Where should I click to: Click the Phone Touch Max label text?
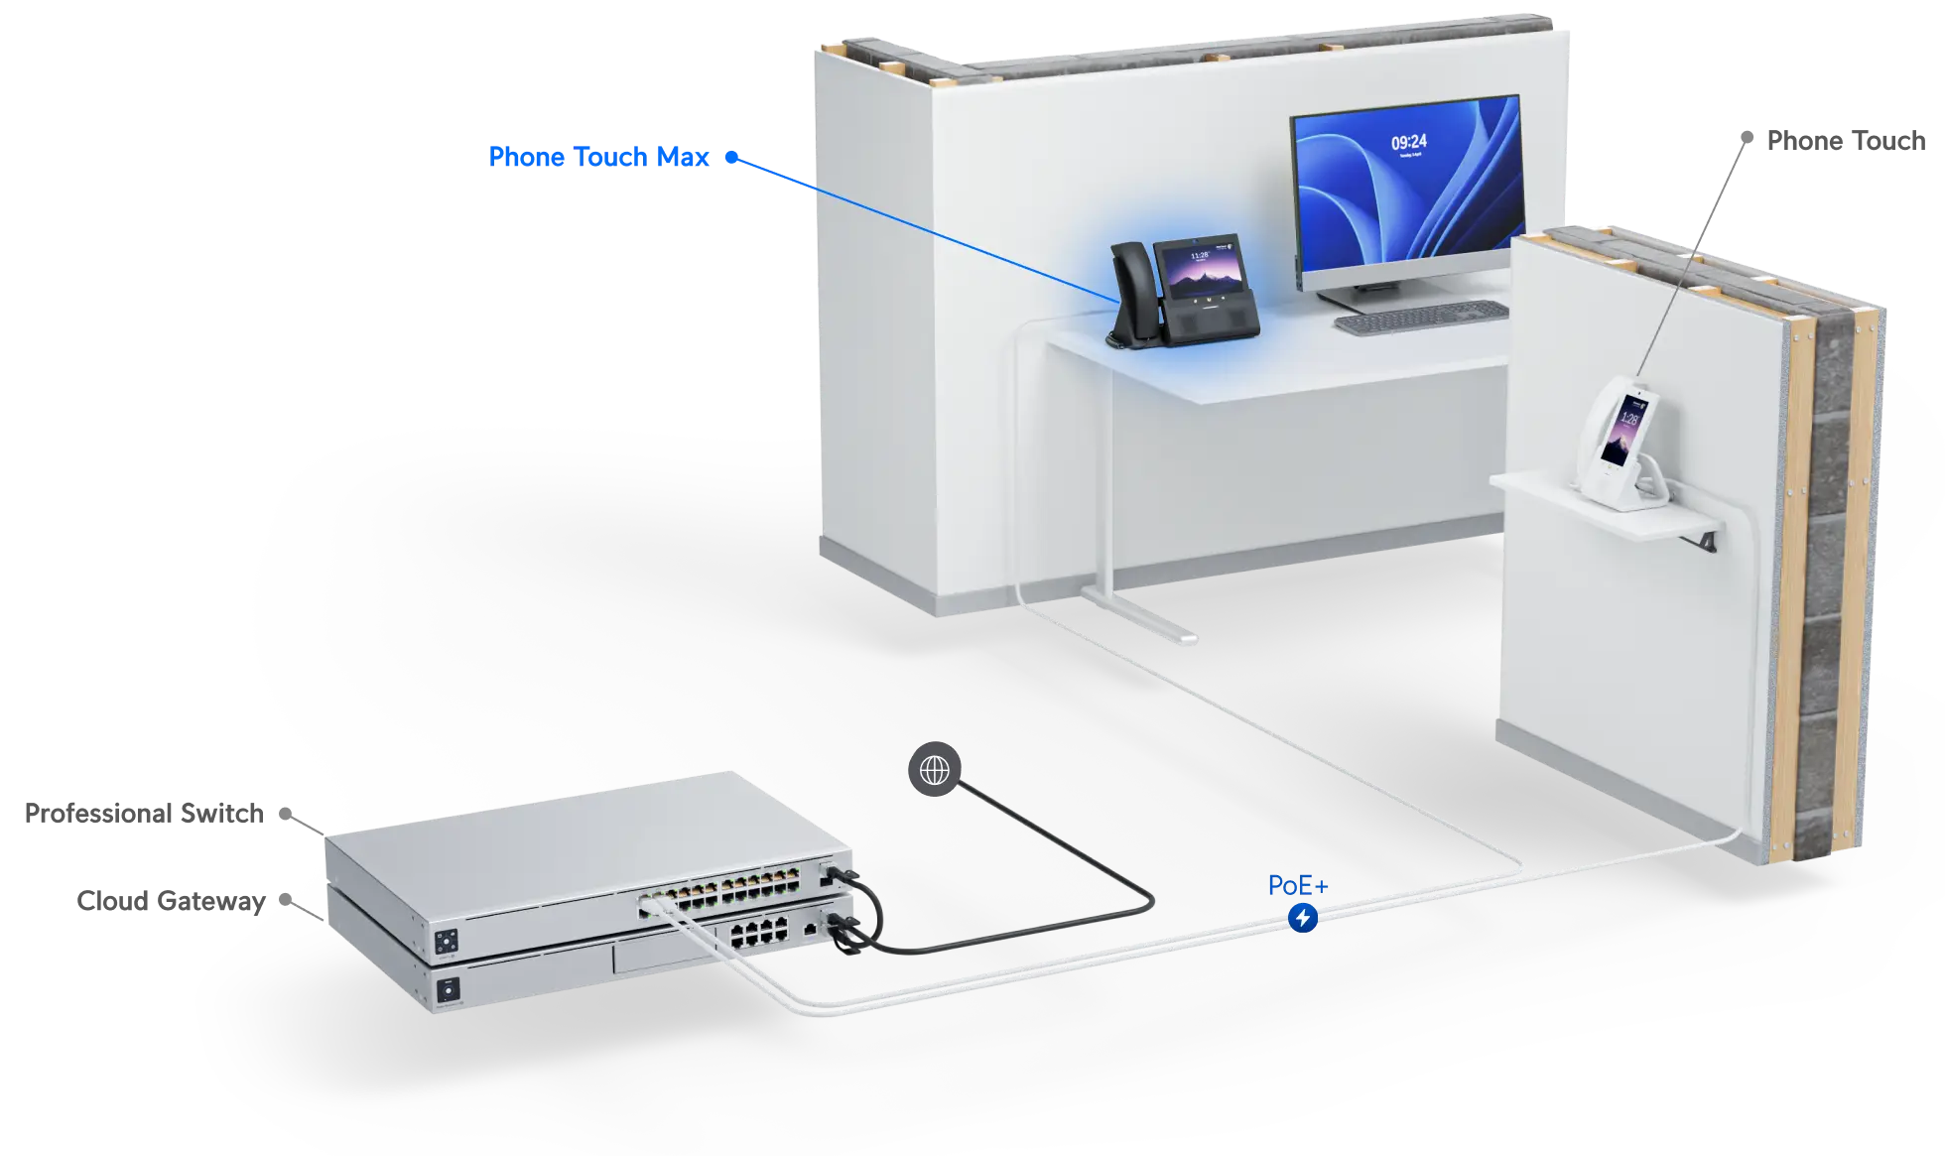click(598, 157)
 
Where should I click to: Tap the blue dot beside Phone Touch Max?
click(731, 157)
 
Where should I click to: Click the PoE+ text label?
click(1297, 885)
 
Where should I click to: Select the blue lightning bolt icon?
click(1302, 918)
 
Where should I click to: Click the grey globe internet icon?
click(934, 769)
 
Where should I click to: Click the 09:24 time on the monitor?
click(1408, 142)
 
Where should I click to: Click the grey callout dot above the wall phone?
click(1747, 137)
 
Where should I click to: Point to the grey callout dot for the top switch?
click(286, 814)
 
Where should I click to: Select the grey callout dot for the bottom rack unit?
click(286, 899)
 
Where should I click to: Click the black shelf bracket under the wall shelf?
click(1707, 542)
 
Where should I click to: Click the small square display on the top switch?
click(447, 941)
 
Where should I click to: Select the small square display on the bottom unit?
click(449, 990)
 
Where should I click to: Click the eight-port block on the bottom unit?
click(759, 932)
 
